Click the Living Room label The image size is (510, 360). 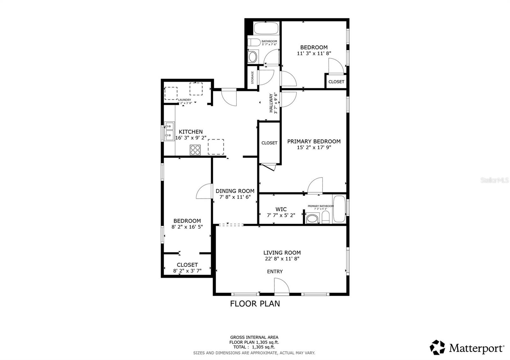(282, 253)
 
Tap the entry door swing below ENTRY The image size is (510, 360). (281, 285)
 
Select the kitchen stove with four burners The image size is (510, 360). (195, 150)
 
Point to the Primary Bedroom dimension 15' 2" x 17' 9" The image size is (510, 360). (314, 148)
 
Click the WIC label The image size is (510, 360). (281, 209)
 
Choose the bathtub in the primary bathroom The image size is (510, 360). (339, 209)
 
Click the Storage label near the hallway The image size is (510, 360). (252, 77)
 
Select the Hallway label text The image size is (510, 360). (271, 103)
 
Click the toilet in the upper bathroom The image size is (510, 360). (254, 42)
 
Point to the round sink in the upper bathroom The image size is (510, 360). (253, 57)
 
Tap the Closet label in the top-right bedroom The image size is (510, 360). (336, 82)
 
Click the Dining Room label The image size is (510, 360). (235, 191)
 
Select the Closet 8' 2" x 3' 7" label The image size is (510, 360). (187, 268)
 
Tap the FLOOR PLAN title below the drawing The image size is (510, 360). (255, 304)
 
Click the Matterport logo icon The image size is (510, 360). (437, 348)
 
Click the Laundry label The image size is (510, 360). (185, 100)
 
